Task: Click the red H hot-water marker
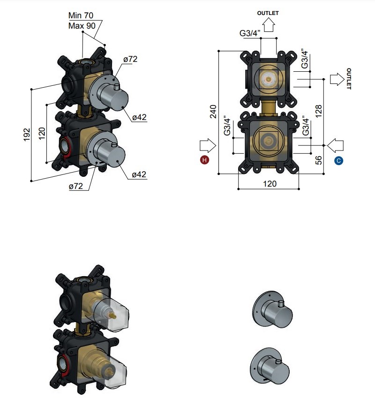coord(204,160)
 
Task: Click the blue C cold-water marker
coord(338,161)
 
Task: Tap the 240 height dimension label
coord(213,112)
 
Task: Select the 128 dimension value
coord(319,111)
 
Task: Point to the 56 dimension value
coord(319,160)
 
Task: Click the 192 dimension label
coord(27,135)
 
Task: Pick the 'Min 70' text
coord(81,15)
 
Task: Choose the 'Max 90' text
coord(82,26)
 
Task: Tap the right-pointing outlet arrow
coord(337,79)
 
